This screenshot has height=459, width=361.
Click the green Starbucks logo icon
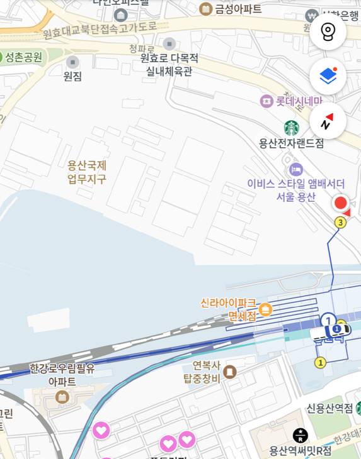click(x=291, y=128)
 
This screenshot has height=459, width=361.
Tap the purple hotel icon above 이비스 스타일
click(x=295, y=169)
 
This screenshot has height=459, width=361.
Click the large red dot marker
click(x=340, y=203)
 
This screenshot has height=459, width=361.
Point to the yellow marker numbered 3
click(x=341, y=222)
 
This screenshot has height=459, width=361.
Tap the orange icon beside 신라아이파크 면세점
click(x=265, y=309)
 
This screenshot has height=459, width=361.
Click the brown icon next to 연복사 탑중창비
click(x=230, y=372)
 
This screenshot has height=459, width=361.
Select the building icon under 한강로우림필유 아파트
click(x=62, y=397)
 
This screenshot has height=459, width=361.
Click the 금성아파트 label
click(x=238, y=9)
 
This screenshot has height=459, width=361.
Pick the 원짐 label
click(x=72, y=76)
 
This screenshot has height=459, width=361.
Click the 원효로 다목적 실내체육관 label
click(x=169, y=65)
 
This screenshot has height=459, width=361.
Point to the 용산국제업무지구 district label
click(x=87, y=172)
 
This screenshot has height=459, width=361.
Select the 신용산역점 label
click(x=329, y=409)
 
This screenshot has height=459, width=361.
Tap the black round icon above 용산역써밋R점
click(x=301, y=434)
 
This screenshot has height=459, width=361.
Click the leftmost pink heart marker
click(x=101, y=431)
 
